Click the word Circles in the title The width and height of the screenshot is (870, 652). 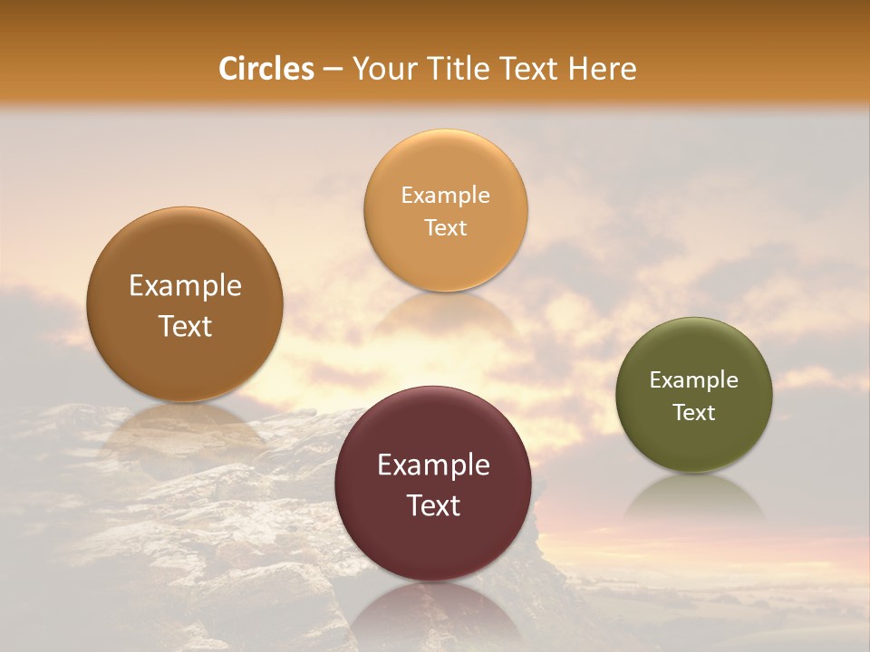pyautogui.click(x=266, y=69)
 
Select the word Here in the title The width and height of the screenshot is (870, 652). pyautogui.click(x=603, y=69)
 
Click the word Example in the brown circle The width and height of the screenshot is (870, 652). pyautogui.click(x=185, y=285)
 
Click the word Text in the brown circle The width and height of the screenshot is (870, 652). pyautogui.click(x=185, y=326)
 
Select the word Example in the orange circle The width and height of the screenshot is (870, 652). pyautogui.click(x=445, y=195)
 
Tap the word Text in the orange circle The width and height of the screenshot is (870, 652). pyautogui.click(x=445, y=227)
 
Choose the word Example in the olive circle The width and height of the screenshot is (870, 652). pyautogui.click(x=693, y=379)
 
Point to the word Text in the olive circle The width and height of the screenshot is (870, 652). pyautogui.click(x=693, y=412)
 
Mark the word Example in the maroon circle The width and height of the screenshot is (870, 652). pyautogui.click(x=432, y=465)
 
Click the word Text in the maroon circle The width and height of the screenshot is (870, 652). pyautogui.click(x=432, y=505)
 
